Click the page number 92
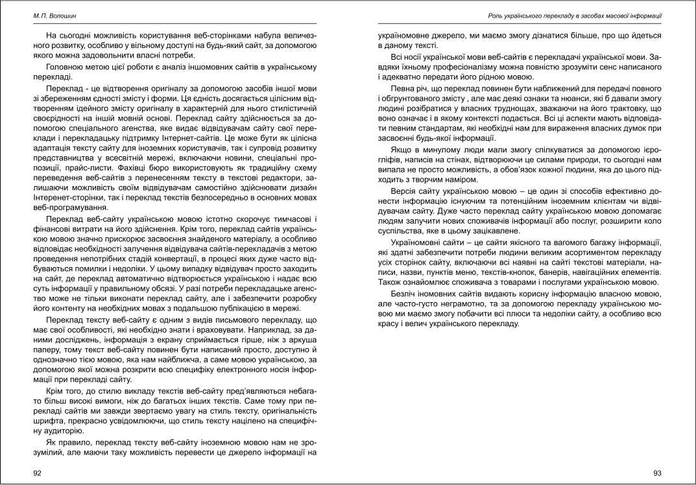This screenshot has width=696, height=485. (x=38, y=473)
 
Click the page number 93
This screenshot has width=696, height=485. (x=657, y=473)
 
